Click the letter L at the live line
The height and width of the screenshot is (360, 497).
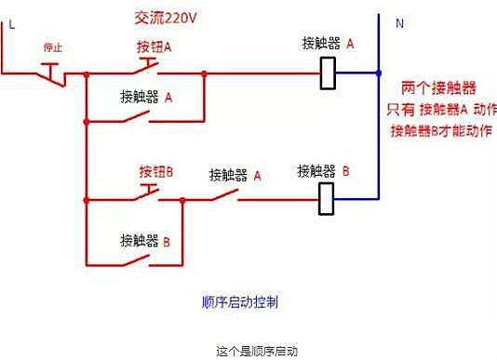point(11,25)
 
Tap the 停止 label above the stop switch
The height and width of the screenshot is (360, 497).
point(52,47)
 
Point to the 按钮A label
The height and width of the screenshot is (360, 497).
point(154,47)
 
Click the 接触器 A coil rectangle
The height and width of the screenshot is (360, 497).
point(328,72)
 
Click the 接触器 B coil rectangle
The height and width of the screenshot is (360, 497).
point(327,198)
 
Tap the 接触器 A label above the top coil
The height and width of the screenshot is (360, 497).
point(329,43)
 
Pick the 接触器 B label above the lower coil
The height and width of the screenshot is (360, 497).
point(323,171)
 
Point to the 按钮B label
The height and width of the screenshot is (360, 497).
point(156,172)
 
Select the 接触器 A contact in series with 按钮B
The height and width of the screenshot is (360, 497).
point(225,196)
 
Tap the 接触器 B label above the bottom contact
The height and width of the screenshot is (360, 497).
point(145,240)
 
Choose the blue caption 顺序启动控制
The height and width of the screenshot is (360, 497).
point(240,302)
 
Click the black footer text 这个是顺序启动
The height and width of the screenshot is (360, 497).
point(248,352)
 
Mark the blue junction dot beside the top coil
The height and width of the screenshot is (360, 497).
point(380,72)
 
